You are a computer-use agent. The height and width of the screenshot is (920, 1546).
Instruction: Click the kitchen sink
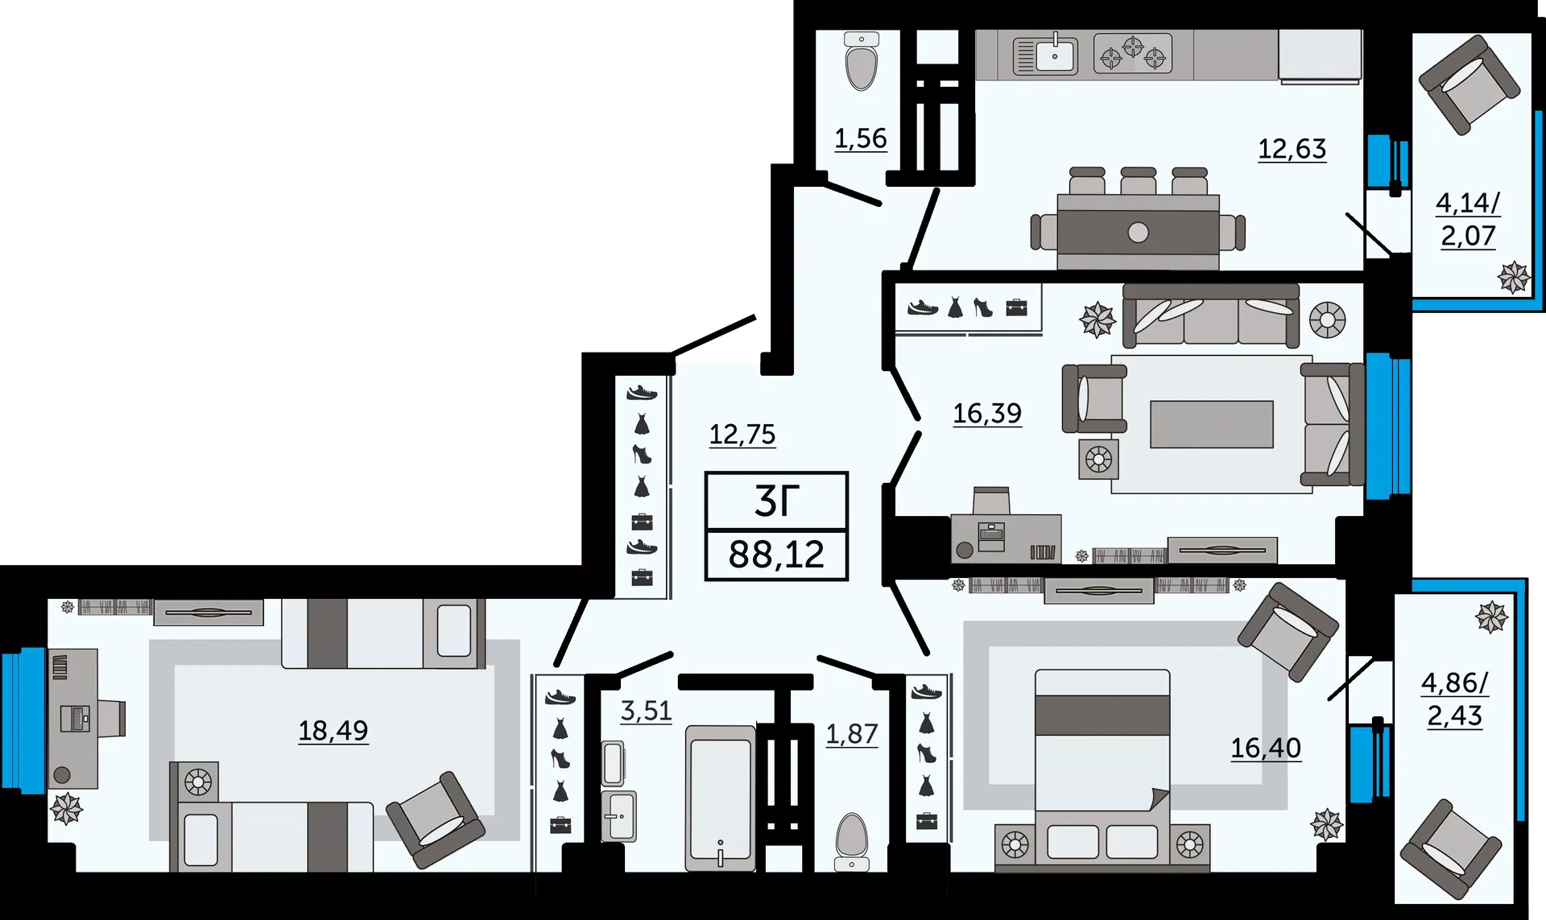pos(1045,55)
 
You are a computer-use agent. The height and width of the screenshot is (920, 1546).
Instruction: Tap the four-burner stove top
pos(1133,54)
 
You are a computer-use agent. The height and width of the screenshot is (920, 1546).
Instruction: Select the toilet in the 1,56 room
pos(862,62)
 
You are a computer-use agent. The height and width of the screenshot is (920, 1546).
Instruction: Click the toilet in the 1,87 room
pos(851,842)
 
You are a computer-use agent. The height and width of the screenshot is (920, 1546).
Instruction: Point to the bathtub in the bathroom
pos(720,798)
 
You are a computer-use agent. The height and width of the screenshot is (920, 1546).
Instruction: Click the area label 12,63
pos(1292,149)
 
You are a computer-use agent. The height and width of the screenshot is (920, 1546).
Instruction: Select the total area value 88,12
pos(776,555)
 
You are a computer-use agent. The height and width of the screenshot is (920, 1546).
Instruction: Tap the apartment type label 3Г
pos(776,501)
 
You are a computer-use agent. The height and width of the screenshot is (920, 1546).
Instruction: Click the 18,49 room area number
pos(333,731)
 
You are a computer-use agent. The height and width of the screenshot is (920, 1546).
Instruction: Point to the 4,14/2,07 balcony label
pos(1468,219)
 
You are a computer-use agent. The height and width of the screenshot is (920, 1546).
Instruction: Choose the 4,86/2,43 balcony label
pos(1455,699)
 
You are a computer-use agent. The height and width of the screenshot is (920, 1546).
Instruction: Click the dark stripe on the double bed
pos(1102,716)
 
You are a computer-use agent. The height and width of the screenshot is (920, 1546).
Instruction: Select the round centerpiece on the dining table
pos(1138,233)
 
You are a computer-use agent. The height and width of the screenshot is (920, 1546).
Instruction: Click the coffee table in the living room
pos(1212,424)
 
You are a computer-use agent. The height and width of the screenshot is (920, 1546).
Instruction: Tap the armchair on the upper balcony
pos(1470,85)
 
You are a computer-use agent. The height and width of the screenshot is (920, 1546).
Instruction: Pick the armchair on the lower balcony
pos(1451,849)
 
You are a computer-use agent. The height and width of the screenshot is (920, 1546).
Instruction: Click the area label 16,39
pos(987,414)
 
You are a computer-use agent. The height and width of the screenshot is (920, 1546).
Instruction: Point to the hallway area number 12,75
pos(742,435)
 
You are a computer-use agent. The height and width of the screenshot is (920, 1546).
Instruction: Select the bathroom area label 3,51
pos(646,712)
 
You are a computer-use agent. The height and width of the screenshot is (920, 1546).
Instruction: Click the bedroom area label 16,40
pos(1266,749)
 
